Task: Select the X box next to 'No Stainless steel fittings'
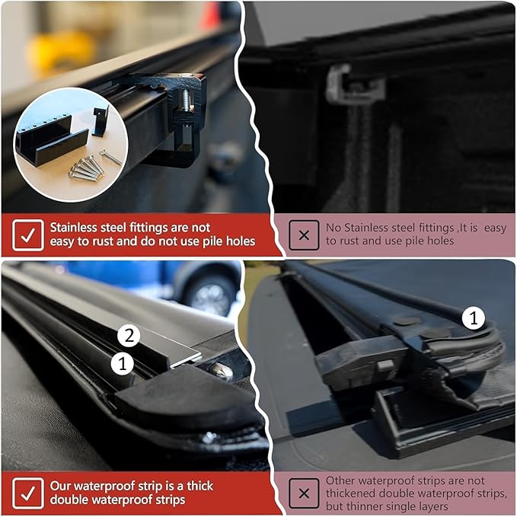pos(304,235)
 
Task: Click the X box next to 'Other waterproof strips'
pos(304,493)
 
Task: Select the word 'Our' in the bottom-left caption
pos(62,485)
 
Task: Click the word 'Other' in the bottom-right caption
pos(342,480)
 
